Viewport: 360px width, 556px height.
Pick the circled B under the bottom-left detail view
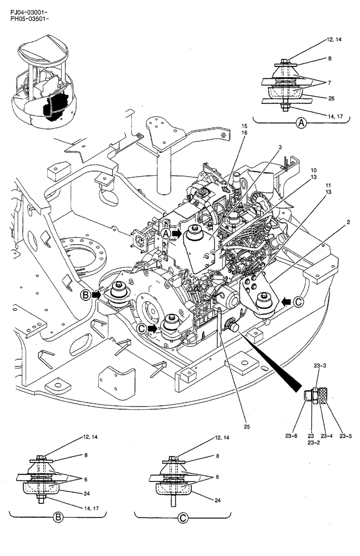coord(57,518)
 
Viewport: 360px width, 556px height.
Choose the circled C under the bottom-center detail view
coord(183,518)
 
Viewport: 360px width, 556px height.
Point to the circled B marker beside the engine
coord(86,296)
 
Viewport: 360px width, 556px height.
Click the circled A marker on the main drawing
coord(166,234)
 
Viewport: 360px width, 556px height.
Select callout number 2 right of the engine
coord(332,222)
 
